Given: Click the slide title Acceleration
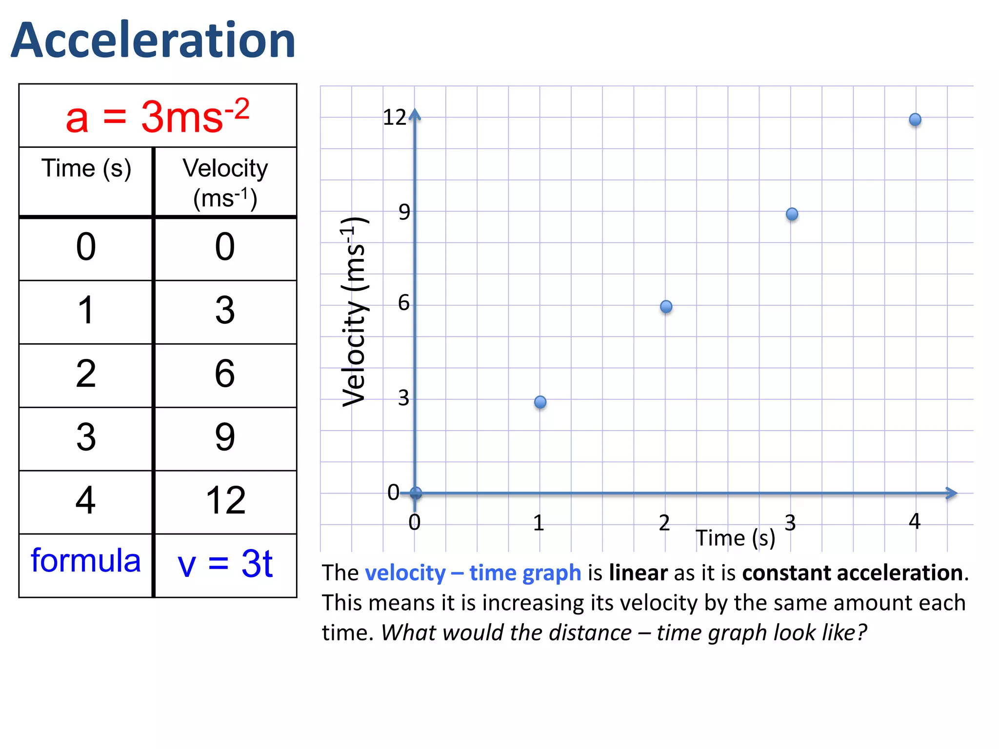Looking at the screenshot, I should coord(153,40).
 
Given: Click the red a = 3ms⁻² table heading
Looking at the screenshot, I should coord(157,117).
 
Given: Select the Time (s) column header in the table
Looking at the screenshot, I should coord(86,169).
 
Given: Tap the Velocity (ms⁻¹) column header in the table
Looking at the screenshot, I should coord(225,183).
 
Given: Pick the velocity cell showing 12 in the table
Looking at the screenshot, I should coord(225,501).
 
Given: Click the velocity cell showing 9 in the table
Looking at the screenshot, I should coord(225,437).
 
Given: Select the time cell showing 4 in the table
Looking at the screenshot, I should coord(86,501).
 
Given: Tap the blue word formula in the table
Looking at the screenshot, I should coord(86,561).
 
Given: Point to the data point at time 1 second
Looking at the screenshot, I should coord(540,402).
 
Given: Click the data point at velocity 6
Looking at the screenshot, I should coord(666,307).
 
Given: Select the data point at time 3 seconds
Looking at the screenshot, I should coord(792,214).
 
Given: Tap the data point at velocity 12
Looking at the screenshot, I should coord(915,119).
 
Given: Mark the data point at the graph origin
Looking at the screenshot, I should coord(416,493).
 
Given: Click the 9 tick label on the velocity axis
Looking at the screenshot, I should coord(404,212).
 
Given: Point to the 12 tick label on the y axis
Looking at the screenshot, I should coord(394,118).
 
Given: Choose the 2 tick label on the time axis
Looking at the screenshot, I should coord(664,523).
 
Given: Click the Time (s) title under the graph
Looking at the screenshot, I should coord(735,538).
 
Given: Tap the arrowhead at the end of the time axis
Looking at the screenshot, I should coord(952,493).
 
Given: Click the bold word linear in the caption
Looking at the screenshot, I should coord(638,573).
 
